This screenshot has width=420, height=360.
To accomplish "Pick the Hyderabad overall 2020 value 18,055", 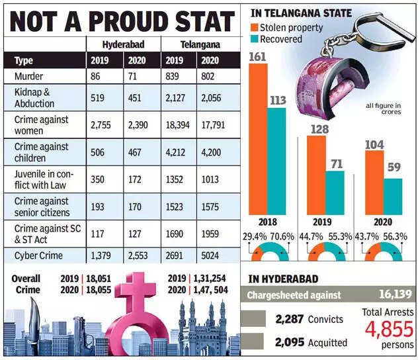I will (x=92, y=290).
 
